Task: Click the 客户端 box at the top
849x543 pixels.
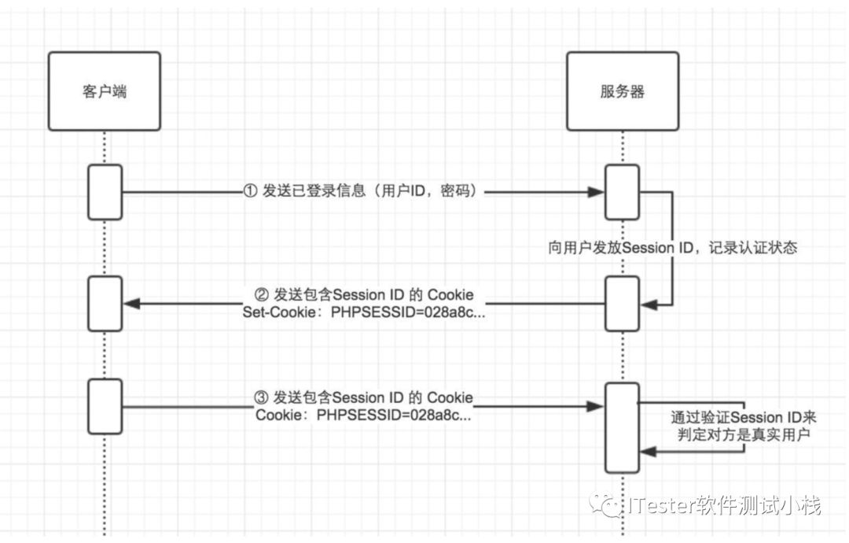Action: click(x=104, y=91)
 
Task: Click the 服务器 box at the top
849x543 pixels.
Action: click(x=621, y=91)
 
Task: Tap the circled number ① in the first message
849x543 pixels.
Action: click(x=250, y=191)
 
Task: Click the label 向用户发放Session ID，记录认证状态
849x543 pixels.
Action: click(x=672, y=247)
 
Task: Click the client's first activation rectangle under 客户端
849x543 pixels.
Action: click(x=105, y=192)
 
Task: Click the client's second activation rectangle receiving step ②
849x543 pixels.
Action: click(x=105, y=303)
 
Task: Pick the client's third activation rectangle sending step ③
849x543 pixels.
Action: click(x=105, y=406)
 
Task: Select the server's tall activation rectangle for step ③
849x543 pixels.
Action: click(x=621, y=427)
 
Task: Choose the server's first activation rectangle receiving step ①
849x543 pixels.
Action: click(x=621, y=192)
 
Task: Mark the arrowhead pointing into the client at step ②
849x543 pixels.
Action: click(x=131, y=304)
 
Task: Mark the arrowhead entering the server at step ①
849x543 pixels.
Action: click(x=595, y=191)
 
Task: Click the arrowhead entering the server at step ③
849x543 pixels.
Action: click(x=595, y=406)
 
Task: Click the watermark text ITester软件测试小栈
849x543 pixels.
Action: click(x=723, y=505)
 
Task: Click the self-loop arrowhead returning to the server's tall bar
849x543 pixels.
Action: click(x=647, y=451)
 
